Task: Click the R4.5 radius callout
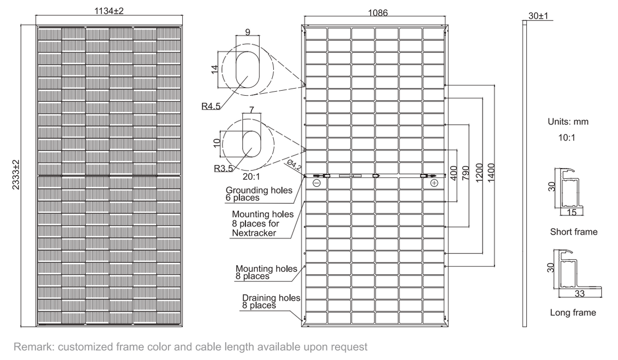[211, 106]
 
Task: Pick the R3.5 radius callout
[223, 168]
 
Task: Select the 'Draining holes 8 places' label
[270, 301]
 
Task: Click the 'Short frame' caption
[573, 232]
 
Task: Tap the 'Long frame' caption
[573, 313]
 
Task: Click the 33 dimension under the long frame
[579, 294]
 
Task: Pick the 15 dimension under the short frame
[573, 212]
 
